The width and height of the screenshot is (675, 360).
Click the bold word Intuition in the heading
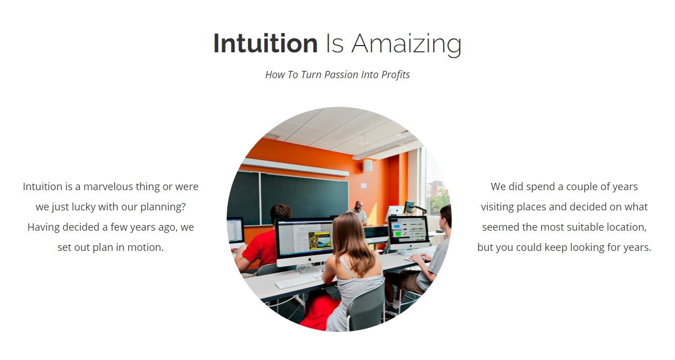pyautogui.click(x=265, y=43)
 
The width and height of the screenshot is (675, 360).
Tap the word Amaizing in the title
pyautogui.click(x=406, y=44)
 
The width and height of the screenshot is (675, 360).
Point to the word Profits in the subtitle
pyautogui.click(x=395, y=75)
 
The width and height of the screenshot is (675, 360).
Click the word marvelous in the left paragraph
pyautogui.click(x=108, y=187)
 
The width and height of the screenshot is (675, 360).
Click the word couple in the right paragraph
pyautogui.click(x=583, y=187)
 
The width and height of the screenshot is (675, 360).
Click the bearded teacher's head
pyautogui.click(x=359, y=206)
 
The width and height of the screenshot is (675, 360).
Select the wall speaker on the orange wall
pyautogui.click(x=367, y=165)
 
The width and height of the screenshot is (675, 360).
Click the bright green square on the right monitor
pyautogui.click(x=398, y=233)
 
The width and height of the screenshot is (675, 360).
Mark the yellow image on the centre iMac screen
pyautogui.click(x=319, y=240)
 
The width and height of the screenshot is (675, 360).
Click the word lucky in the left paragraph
pyautogui.click(x=83, y=207)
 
